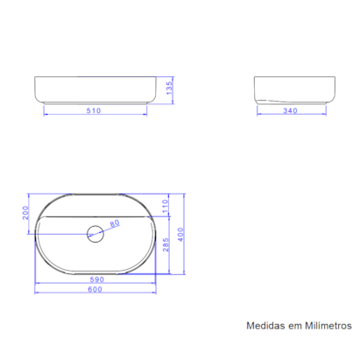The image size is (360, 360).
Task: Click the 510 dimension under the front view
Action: pyautogui.click(x=96, y=111)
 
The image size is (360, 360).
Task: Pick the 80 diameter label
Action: pyautogui.click(x=114, y=223)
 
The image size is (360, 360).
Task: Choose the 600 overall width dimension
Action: pyautogui.click(x=96, y=291)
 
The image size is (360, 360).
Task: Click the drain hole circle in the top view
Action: pyautogui.click(x=95, y=233)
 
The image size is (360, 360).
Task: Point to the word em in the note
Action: pyautogui.click(x=294, y=325)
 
